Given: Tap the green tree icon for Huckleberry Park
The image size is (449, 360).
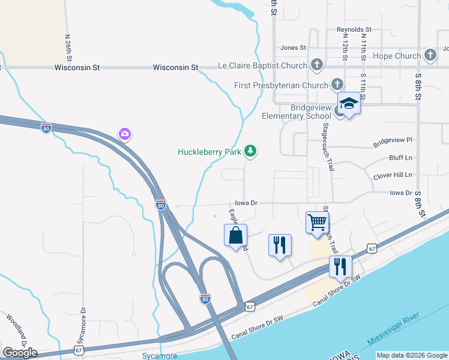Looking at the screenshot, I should [x=251, y=152].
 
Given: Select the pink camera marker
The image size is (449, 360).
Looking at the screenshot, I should [x=125, y=133].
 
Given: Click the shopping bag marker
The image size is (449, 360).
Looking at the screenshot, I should [x=236, y=235].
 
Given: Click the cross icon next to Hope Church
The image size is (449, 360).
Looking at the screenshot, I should [x=430, y=56].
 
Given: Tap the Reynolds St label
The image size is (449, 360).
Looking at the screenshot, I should [x=354, y=29].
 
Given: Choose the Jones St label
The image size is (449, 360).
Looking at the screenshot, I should [x=293, y=47].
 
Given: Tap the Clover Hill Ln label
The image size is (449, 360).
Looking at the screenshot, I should [x=393, y=175].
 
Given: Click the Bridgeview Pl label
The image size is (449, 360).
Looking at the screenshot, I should [x=393, y=141].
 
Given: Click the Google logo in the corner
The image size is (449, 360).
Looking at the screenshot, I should [x=20, y=353].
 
